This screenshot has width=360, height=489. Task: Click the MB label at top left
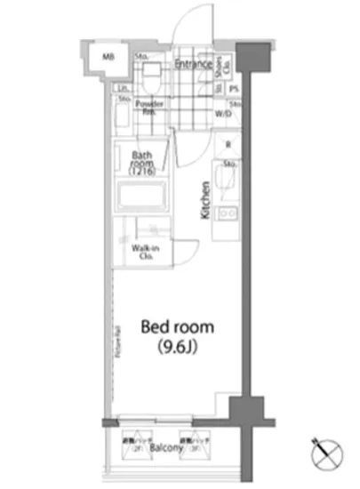click(x=106, y=58)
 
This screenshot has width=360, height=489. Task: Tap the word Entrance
click(x=192, y=64)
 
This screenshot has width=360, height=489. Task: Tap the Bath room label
click(x=142, y=159)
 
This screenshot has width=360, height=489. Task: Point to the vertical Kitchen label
click(x=205, y=201)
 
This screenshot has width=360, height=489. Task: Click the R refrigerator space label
click(x=228, y=147)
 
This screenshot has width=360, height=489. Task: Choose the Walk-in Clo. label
click(x=144, y=252)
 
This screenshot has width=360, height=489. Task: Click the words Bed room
click(x=178, y=327)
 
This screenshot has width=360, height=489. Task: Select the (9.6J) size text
click(x=178, y=346)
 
